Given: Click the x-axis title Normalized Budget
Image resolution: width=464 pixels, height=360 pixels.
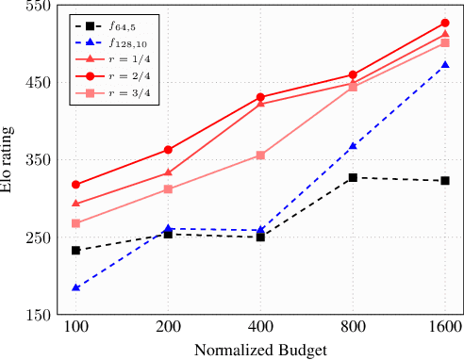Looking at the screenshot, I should pos(260,350).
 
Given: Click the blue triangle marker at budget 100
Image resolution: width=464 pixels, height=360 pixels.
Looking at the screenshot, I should pos(75,287).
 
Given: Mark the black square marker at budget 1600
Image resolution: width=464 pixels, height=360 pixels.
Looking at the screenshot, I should pos(445,180).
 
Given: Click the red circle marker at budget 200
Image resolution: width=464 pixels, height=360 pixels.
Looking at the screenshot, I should pos(168,150).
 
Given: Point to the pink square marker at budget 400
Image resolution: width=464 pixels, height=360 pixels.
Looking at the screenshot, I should pos(260,155).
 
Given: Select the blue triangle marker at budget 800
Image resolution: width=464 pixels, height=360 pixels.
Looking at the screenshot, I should pos(353,146).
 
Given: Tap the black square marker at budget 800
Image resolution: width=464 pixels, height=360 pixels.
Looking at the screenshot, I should pos(353,177).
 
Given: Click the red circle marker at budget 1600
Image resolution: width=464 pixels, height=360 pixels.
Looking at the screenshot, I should pos(445,23).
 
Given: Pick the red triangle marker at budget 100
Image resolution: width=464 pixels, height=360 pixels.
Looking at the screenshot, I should pos(75,204).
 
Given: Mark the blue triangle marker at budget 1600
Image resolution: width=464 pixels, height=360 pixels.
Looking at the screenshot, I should pos(445,65).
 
